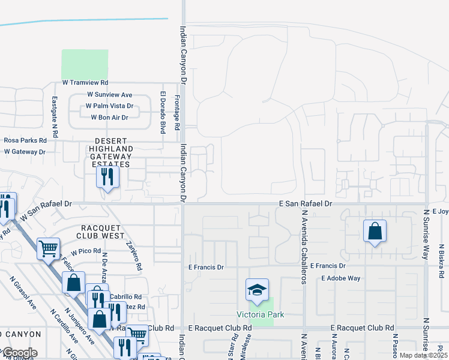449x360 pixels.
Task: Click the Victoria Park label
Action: (x=259, y=315)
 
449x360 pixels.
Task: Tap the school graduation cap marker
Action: (x=257, y=291)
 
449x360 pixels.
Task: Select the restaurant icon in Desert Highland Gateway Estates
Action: (x=108, y=176)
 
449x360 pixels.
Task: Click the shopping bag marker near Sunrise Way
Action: (x=375, y=230)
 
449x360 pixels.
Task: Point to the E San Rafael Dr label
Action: (x=305, y=204)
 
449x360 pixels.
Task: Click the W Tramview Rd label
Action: (x=85, y=83)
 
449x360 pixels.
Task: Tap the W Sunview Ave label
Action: (x=109, y=95)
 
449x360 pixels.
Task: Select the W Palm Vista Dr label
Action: (x=109, y=106)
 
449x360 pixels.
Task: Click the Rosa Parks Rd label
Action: (x=25, y=140)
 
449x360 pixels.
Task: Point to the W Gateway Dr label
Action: (x=25, y=152)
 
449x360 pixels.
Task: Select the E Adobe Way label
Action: (x=340, y=278)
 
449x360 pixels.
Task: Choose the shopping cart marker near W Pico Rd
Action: (x=48, y=247)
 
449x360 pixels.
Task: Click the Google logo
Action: (x=19, y=353)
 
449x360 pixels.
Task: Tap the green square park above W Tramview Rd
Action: (x=85, y=64)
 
